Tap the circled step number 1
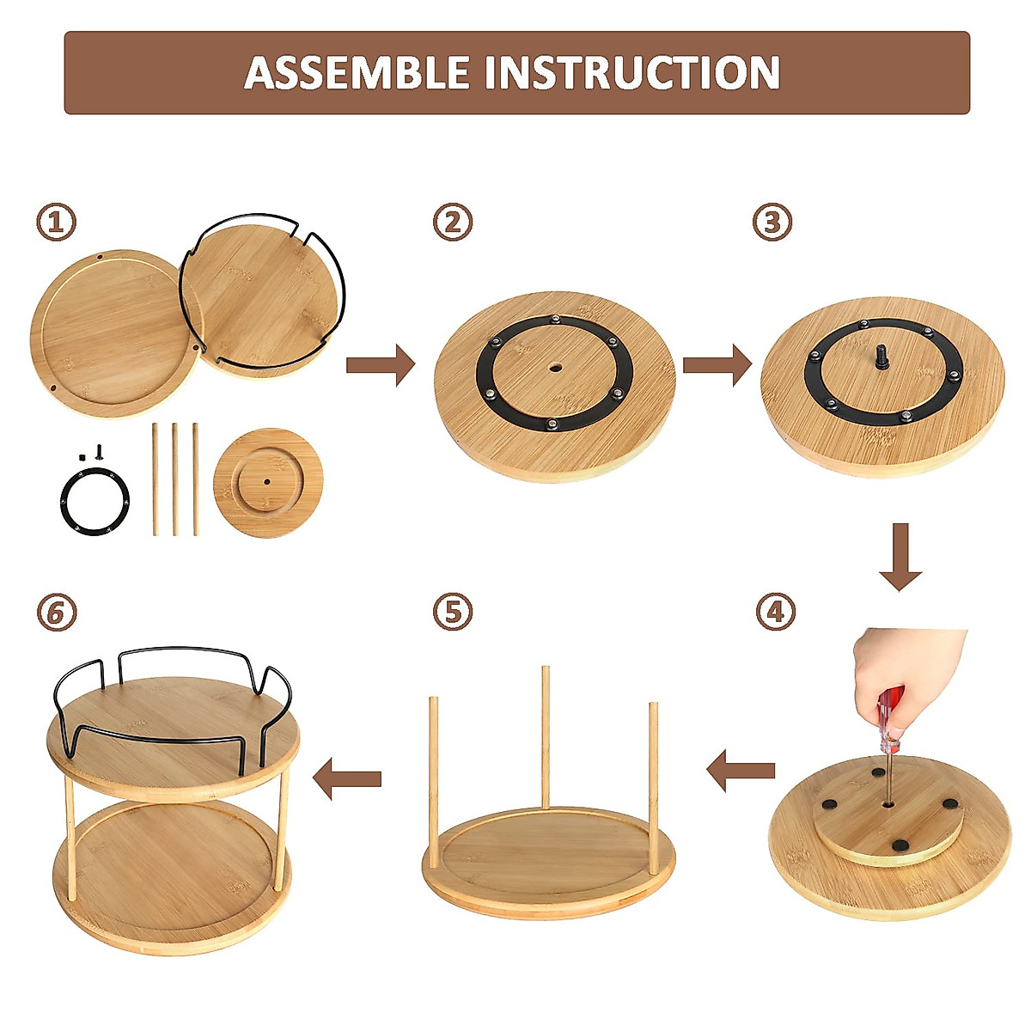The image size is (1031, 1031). pos(56,223)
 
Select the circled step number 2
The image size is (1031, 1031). pos(453,223)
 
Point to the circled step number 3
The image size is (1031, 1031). pos(772,223)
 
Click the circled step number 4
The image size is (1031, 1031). pos(776,613)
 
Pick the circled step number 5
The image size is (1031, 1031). pos(453,613)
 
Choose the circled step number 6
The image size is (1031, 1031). pos(56,613)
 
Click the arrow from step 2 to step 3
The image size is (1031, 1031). pos(717,364)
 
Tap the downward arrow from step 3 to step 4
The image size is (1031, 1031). pos(900,557)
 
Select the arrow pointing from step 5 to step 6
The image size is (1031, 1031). pos(347,778)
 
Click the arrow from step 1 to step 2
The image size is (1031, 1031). pos(381,364)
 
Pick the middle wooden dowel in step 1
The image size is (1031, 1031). pos(175,479)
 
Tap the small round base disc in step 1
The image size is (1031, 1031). pos(266,483)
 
